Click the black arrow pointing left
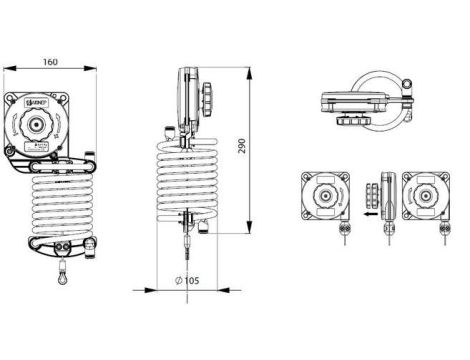click(x=370, y=212)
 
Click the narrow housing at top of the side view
click(x=187, y=95)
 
